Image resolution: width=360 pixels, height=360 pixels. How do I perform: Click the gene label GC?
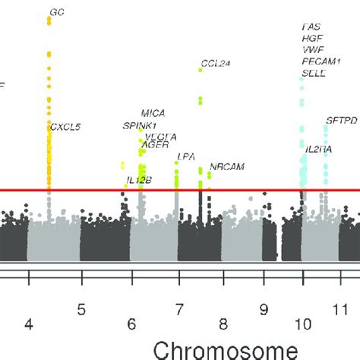click(57, 13)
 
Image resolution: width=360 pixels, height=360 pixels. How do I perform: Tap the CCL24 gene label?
click(215, 63)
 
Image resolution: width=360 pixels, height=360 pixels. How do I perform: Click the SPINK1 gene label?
click(141, 125)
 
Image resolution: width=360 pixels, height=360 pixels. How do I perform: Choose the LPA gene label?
click(187, 157)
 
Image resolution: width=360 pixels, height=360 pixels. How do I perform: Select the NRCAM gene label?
click(225, 166)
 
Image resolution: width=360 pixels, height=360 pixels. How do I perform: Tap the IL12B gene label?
click(138, 181)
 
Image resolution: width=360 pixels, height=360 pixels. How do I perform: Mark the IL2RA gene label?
click(317, 150)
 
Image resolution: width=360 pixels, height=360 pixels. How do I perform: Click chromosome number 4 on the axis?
click(29, 324)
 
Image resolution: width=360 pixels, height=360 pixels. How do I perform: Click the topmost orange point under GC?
click(49, 19)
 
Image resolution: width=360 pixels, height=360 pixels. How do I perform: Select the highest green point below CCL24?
click(201, 70)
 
